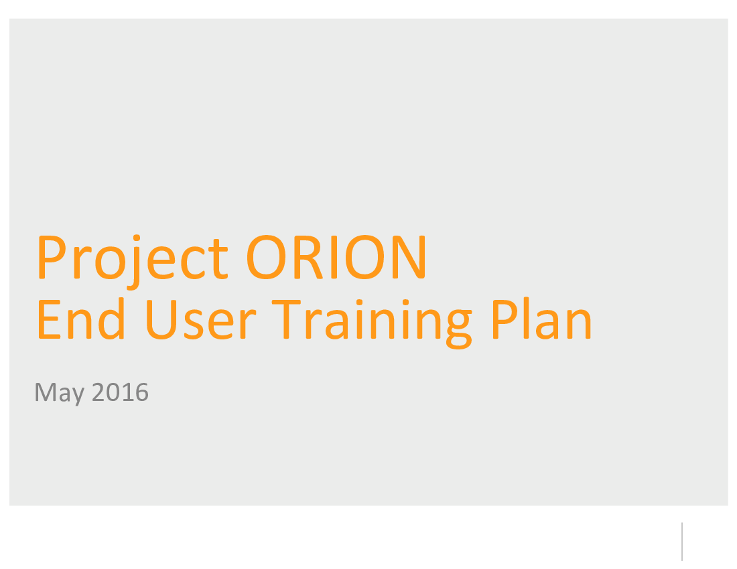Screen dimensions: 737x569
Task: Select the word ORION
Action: pos(336,257)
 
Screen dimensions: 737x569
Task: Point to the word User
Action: pos(201,320)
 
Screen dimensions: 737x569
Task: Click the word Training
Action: pos(372,324)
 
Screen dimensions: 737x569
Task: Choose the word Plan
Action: pos(541,318)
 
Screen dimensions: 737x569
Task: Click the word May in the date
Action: pos(59,393)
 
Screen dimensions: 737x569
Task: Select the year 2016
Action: pos(121,392)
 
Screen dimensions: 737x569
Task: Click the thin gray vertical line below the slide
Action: pos(681,542)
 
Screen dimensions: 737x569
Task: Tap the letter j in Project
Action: pos(135,262)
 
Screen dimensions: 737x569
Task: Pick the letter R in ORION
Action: pos(308,257)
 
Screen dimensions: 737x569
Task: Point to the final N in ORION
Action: pos(409,257)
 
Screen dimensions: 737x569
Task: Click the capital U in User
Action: pos(161,320)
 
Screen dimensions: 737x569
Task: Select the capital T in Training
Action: pos(286,319)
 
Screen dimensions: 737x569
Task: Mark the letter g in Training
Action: pos(459,329)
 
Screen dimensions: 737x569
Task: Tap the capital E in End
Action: pos(50,319)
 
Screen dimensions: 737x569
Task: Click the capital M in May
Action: pos(46,392)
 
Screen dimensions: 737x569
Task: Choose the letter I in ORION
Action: pos(334,257)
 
